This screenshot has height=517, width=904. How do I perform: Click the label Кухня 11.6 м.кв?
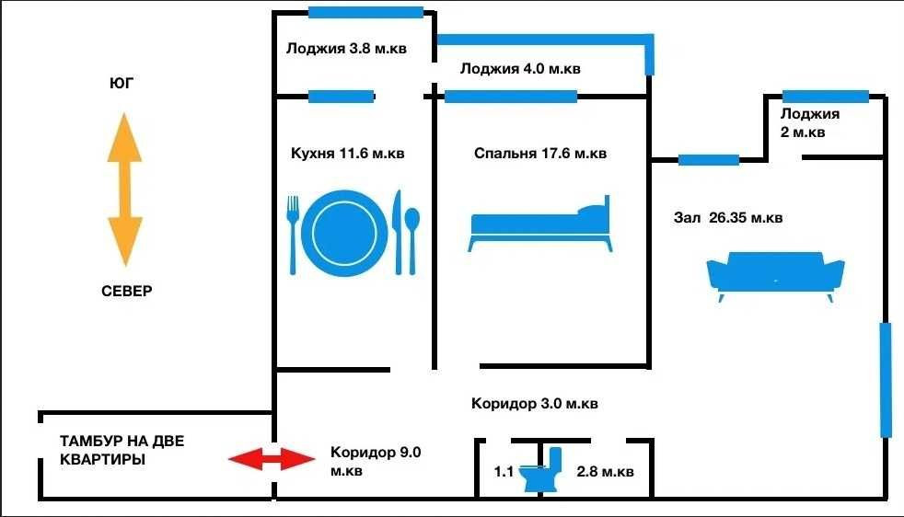(346, 154)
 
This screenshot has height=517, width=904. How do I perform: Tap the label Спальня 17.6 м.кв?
(540, 154)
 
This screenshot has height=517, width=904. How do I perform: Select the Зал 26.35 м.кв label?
(728, 218)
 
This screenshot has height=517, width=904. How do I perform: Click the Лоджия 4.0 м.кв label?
(520, 69)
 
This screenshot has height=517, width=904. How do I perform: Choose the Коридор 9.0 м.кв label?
(375, 460)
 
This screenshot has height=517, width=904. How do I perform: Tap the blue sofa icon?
(775, 275)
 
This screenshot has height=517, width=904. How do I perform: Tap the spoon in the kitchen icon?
(412, 236)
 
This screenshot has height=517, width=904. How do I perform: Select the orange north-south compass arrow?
(124, 190)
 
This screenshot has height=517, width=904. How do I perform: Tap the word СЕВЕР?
(127, 292)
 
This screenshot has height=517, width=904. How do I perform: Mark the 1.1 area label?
(503, 472)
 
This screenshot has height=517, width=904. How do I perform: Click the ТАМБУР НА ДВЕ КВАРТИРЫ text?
(122, 450)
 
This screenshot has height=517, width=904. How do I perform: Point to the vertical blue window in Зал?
(886, 378)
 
